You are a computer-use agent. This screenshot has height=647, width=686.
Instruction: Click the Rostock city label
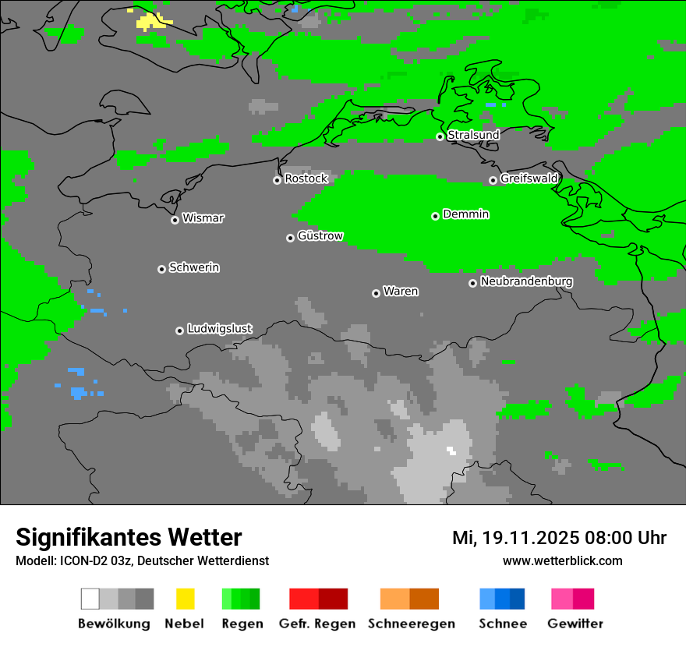point(306,179)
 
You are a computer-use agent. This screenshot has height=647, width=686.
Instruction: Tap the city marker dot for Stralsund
point(440,136)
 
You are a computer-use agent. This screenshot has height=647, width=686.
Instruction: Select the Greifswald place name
point(529,179)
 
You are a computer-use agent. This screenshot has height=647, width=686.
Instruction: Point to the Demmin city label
point(465,214)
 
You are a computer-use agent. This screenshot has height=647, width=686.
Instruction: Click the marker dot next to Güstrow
point(290,238)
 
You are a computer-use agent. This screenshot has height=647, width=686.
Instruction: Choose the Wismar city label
point(203,218)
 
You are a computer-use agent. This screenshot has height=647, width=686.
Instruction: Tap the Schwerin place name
point(194,267)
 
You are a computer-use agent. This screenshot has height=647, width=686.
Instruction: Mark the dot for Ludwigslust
point(179,331)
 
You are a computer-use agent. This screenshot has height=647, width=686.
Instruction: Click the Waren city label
point(401,292)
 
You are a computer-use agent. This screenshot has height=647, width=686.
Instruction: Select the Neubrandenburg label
point(526,281)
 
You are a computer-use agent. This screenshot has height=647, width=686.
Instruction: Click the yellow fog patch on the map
point(150,22)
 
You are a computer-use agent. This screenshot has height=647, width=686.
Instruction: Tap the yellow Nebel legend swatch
point(185,599)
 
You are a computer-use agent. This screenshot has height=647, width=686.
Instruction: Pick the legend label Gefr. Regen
point(317,624)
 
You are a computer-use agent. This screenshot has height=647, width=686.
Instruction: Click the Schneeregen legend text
point(411,624)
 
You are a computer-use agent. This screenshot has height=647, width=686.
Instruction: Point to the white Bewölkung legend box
point(90,599)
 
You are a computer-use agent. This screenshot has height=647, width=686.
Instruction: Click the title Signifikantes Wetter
point(129,537)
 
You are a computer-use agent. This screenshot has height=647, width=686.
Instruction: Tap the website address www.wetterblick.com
point(562,560)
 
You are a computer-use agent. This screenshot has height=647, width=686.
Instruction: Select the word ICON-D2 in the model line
point(82,560)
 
